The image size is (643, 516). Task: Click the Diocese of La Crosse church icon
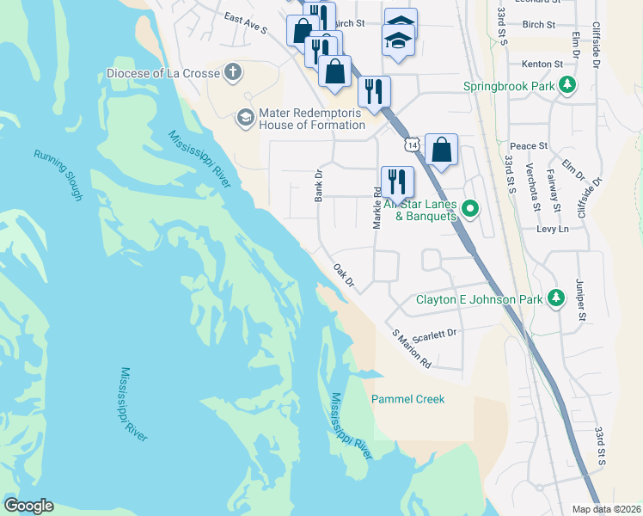coord(231,72)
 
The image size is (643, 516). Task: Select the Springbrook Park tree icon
coord(566,85)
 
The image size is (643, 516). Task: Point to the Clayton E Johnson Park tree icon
coord(556,298)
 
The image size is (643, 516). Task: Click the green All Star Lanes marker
coord(470,208)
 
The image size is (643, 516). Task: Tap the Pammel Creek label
coord(408,399)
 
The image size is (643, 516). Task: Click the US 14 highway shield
coord(414,145)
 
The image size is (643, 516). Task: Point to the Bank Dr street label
coord(318,185)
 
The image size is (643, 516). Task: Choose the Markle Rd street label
coord(377,207)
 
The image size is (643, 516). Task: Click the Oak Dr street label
coord(344,277)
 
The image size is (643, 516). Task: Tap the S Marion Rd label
coord(410,349)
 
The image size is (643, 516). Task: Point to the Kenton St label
coord(542,64)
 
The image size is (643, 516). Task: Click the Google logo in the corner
coord(28,506)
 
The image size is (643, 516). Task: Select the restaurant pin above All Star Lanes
coord(396,181)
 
